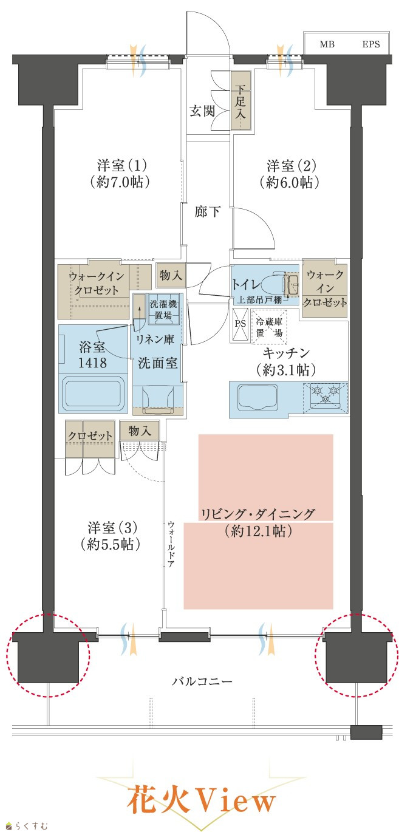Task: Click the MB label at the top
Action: (x=327, y=44)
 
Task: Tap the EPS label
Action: (x=371, y=44)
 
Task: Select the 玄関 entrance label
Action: (x=202, y=111)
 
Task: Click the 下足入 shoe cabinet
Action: (x=240, y=101)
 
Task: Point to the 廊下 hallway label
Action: (x=208, y=212)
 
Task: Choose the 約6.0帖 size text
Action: (x=290, y=182)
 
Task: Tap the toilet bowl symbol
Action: (x=273, y=284)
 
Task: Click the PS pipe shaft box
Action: (x=240, y=324)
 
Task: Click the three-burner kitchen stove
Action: (x=326, y=397)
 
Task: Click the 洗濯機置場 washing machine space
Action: (x=163, y=309)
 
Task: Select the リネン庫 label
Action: (x=155, y=339)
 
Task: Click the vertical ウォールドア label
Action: (x=171, y=544)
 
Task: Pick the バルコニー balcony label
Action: (x=202, y=681)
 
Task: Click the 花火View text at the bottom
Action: (x=201, y=799)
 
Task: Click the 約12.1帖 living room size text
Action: (x=258, y=531)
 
